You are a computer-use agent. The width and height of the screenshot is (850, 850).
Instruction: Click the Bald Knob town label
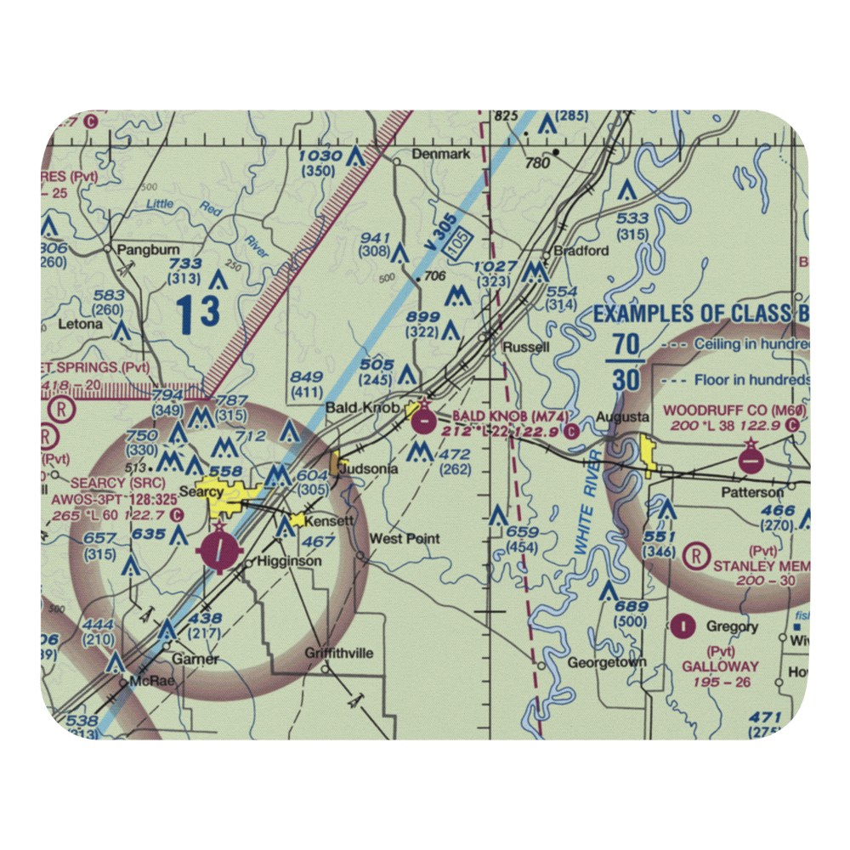pos(363,407)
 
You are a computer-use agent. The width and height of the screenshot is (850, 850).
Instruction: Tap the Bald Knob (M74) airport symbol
pos(422,417)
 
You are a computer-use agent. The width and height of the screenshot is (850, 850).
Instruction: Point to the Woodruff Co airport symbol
pos(751,458)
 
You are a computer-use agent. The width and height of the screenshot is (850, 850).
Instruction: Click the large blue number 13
pos(199,312)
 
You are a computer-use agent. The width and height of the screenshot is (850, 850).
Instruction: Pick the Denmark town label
pos(441,154)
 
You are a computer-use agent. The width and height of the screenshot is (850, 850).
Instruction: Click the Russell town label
pos(526,347)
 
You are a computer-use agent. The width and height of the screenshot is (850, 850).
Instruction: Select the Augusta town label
pos(622,417)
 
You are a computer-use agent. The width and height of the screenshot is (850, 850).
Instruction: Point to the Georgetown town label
pos(607,662)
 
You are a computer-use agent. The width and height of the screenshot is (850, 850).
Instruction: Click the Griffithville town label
pos(339,653)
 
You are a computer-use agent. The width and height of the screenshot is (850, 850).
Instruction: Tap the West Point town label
pos(405,539)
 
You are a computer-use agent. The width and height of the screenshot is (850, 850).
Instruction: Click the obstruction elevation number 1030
pos(320,156)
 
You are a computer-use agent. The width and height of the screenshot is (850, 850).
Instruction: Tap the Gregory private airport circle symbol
pos(683,626)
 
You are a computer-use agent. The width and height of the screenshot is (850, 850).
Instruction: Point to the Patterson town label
pos(752,492)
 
